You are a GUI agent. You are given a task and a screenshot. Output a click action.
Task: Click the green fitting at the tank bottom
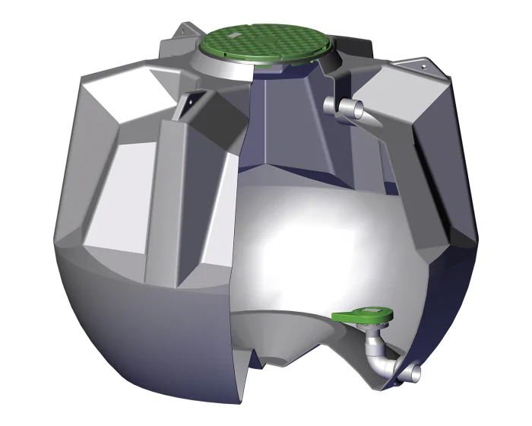click(x=363, y=314)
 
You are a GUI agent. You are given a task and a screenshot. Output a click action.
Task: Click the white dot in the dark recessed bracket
click(x=192, y=100)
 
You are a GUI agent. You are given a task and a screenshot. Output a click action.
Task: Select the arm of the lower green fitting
click(x=346, y=316)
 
